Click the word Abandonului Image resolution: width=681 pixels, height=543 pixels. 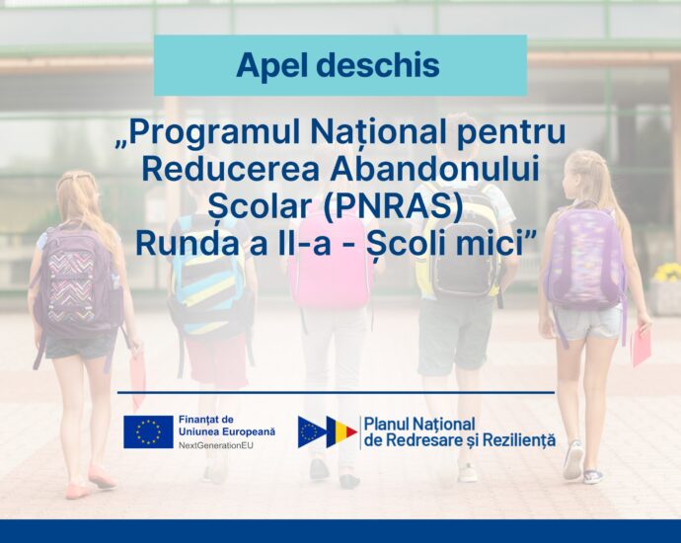434,169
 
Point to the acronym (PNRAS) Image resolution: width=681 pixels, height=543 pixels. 392,206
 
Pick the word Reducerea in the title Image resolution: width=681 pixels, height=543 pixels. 232,169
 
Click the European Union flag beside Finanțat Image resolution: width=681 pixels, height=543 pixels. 148,431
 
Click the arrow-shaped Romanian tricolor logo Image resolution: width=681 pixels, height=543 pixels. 328,431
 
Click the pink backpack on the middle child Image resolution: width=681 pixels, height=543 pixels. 333,261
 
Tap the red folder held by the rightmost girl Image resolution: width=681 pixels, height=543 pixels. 641,347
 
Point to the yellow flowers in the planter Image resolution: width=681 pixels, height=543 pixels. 667,272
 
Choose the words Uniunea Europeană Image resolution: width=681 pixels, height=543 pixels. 227,432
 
